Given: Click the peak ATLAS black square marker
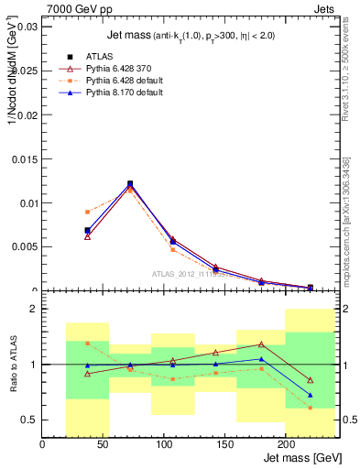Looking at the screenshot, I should (x=130, y=184).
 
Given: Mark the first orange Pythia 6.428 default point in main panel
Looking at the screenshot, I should (x=87, y=212).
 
